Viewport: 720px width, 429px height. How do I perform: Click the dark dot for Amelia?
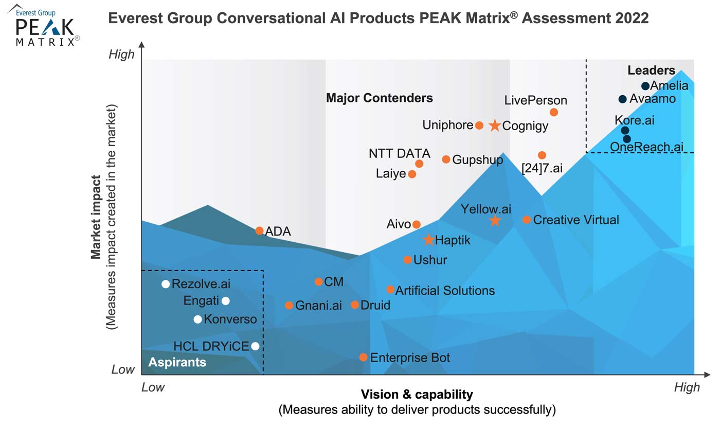645,86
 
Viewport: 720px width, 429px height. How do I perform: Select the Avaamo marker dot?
622,99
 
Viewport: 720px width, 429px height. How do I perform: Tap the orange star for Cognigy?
494,126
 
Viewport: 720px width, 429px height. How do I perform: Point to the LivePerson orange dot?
554,112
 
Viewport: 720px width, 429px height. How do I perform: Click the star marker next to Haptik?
428,240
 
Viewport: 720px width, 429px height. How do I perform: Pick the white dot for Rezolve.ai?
166,284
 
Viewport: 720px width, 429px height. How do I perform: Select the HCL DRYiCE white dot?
255,346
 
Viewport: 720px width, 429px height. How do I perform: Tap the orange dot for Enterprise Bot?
363,357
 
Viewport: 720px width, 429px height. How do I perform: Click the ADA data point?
260,230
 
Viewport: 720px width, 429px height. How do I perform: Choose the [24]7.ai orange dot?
542,155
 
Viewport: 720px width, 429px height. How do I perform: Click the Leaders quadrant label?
651,70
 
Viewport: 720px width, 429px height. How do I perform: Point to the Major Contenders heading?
380,98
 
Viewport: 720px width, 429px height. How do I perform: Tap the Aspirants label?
177,362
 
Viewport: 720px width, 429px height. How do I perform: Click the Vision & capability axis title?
417,395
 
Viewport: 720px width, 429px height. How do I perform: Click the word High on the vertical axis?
121,55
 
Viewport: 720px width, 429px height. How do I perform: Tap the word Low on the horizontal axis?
153,387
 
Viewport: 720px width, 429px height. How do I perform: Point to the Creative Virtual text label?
576,220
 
